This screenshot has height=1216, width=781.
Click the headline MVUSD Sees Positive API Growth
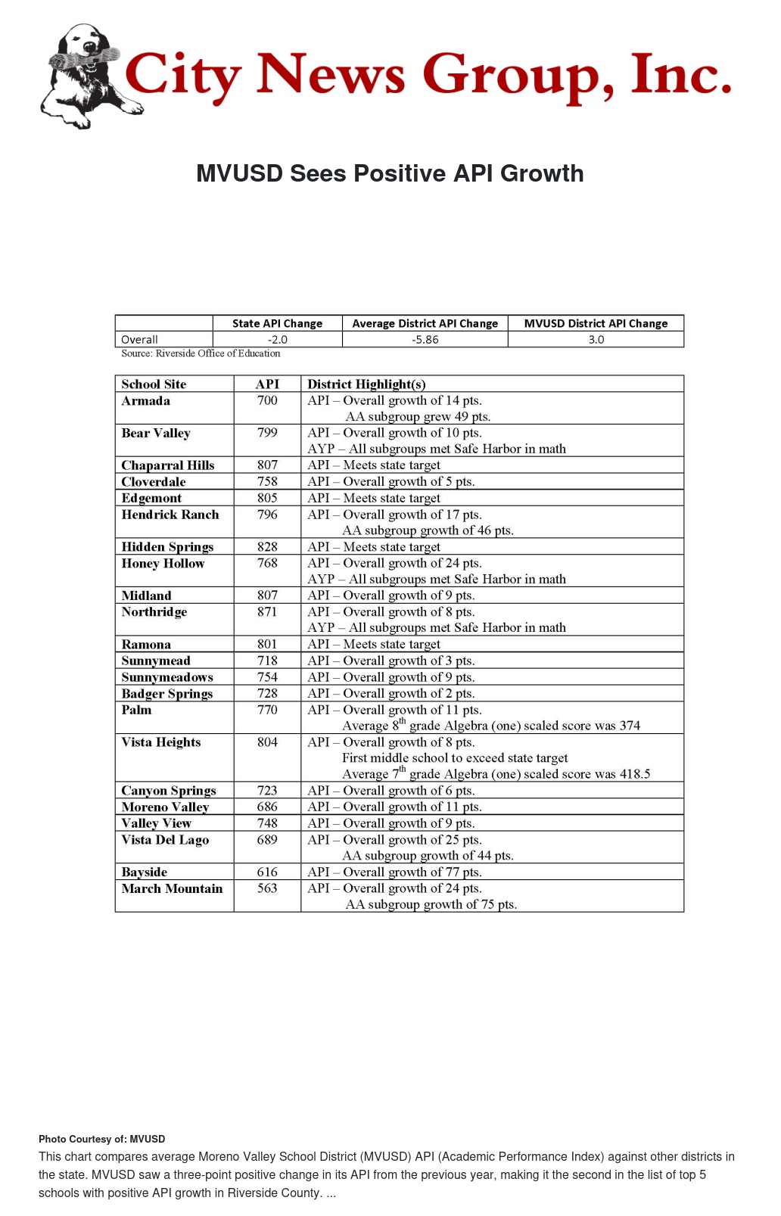(x=390, y=173)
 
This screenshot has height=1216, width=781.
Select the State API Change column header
(x=277, y=323)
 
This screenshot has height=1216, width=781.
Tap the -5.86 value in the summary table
(x=425, y=340)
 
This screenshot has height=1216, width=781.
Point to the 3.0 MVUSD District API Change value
(x=596, y=340)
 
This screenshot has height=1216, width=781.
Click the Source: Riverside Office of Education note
(x=201, y=353)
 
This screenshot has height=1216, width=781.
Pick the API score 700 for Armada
(x=267, y=400)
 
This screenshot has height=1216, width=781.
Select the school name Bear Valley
(x=156, y=433)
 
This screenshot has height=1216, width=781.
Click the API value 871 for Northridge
(x=267, y=611)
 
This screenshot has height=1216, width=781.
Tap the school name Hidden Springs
(x=167, y=546)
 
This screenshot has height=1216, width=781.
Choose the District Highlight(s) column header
(x=366, y=384)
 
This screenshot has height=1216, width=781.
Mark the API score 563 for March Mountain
(x=267, y=888)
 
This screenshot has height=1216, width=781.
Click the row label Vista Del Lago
(x=165, y=839)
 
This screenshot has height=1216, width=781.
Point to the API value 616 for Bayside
(x=267, y=872)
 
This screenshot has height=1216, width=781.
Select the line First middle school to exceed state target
(x=455, y=757)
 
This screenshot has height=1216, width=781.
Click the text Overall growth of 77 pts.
(x=412, y=872)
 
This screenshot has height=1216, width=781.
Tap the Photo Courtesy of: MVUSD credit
(x=101, y=1139)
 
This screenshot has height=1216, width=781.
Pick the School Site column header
(x=154, y=384)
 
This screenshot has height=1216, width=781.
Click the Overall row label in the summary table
(x=140, y=340)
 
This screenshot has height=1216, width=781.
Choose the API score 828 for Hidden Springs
(x=267, y=546)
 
